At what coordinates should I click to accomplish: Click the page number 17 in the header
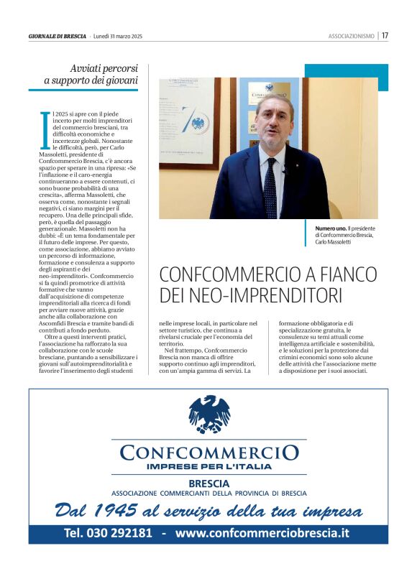tap(385, 35)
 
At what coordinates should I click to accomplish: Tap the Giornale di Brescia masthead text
tap(58, 36)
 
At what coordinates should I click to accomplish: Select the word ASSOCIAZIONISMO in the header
tap(352, 36)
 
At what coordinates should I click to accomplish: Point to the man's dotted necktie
tap(270, 188)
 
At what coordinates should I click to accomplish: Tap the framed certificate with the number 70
tap(189, 122)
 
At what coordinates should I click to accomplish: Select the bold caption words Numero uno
tap(331, 228)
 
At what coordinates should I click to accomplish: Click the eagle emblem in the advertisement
tap(209, 415)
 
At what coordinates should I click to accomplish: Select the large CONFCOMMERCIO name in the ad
tap(208, 452)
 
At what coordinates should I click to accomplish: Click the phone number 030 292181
tap(109, 533)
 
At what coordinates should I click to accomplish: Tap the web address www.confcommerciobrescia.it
tap(262, 533)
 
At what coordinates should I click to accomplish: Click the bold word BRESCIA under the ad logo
tap(208, 483)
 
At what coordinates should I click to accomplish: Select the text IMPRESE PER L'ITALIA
tap(208, 466)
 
